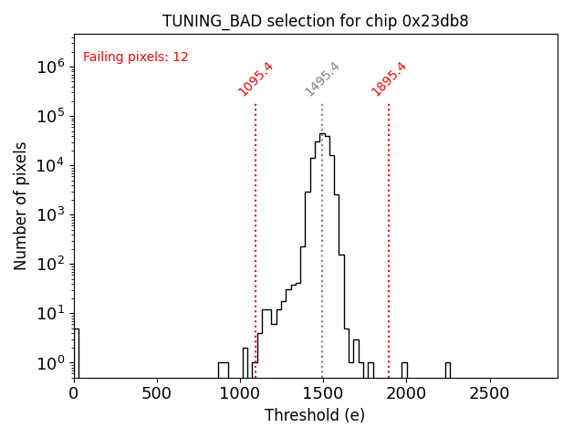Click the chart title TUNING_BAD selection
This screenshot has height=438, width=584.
pyautogui.click(x=315, y=21)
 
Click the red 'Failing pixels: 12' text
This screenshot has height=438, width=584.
pyautogui.click(x=136, y=57)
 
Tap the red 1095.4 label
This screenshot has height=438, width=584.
pyautogui.click(x=255, y=79)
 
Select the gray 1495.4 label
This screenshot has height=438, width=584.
pyautogui.click(x=322, y=79)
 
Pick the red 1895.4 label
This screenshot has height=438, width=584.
pyautogui.click(x=389, y=79)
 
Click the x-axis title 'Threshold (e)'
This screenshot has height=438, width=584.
pyautogui.click(x=315, y=415)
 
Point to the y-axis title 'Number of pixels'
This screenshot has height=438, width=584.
pyautogui.click(x=21, y=205)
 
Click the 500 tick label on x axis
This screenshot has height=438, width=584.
pyautogui.click(x=157, y=394)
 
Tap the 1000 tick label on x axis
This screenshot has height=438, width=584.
pyautogui.click(x=241, y=394)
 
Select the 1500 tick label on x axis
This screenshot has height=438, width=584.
pyautogui.click(x=324, y=394)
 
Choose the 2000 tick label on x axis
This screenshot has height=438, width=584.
pyautogui.click(x=407, y=394)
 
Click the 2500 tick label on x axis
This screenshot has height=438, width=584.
pyautogui.click(x=490, y=394)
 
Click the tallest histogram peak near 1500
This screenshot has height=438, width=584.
pyautogui.click(x=322, y=136)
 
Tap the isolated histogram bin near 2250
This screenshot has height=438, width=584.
pyautogui.click(x=447, y=370)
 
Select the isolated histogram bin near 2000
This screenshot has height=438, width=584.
pyautogui.click(x=404, y=370)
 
